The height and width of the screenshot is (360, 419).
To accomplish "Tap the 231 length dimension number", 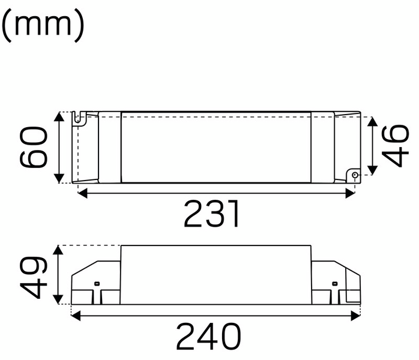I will tap(213, 214).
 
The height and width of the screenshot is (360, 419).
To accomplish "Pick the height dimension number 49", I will tap(34, 276).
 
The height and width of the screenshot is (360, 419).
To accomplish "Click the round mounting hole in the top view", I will tap(355, 176).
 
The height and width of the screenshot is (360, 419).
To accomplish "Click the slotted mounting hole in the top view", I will tap(77, 118).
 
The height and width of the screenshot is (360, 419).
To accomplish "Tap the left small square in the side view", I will tap(97, 283).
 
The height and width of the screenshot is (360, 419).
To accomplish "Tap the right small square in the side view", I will tap(335, 283).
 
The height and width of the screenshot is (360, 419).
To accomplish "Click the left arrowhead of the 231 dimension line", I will tap(82, 193).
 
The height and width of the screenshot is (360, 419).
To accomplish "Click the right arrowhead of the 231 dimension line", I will tap(351, 193).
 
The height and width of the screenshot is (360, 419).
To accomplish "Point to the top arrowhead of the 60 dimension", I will tap(59, 116).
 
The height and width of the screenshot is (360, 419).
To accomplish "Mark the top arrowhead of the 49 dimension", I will tap(58, 250).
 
